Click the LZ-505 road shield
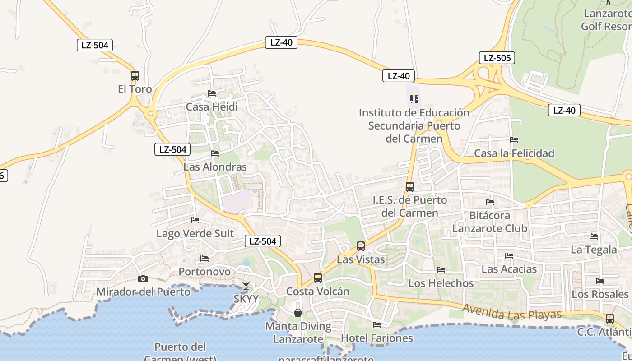497,58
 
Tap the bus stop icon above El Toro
135,76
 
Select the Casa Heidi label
211,107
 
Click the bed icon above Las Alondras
215,153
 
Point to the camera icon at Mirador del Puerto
143,278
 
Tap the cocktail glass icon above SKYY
246,285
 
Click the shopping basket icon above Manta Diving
298,312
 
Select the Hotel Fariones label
376,338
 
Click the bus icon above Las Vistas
360,246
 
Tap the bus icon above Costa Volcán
318,278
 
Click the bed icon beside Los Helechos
441,270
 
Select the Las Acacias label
509,269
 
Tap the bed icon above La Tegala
594,236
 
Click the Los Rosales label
600,294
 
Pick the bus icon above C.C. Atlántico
610,319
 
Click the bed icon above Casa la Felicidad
514,140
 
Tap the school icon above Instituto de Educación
414,99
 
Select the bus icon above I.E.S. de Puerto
409,186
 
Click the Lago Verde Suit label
195,234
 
